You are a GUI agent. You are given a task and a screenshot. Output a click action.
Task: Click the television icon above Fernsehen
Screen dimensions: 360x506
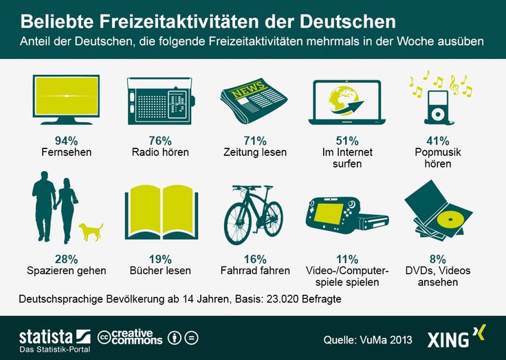point(66,98)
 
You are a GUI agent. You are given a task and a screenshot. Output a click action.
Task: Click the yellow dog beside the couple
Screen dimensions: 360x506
point(91,231)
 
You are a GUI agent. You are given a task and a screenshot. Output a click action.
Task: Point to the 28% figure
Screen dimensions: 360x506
point(67,259)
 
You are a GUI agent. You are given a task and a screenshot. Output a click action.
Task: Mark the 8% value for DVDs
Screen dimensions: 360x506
point(437,259)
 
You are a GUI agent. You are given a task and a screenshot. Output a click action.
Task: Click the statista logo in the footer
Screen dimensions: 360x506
point(54,337)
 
